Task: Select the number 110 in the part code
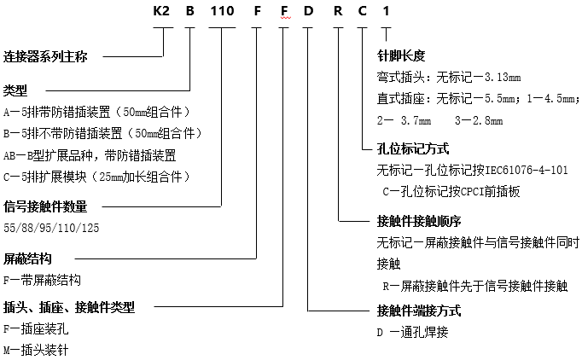pyautogui.click(x=222, y=12)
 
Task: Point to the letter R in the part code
pyautogui.click(x=339, y=12)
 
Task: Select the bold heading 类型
pyautogui.click(x=15, y=90)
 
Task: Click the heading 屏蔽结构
pyautogui.click(x=27, y=258)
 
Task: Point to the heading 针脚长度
pyautogui.click(x=400, y=56)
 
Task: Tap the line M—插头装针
pyautogui.click(x=37, y=349)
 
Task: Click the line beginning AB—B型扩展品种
pyautogui.click(x=90, y=154)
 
